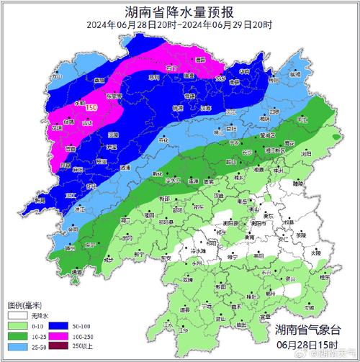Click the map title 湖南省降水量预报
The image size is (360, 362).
point(180,11)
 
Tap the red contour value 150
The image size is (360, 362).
point(92,107)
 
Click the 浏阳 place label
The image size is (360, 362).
point(306,153)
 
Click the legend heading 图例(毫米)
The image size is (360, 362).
point(26,304)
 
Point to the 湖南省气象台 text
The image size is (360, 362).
point(310,329)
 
